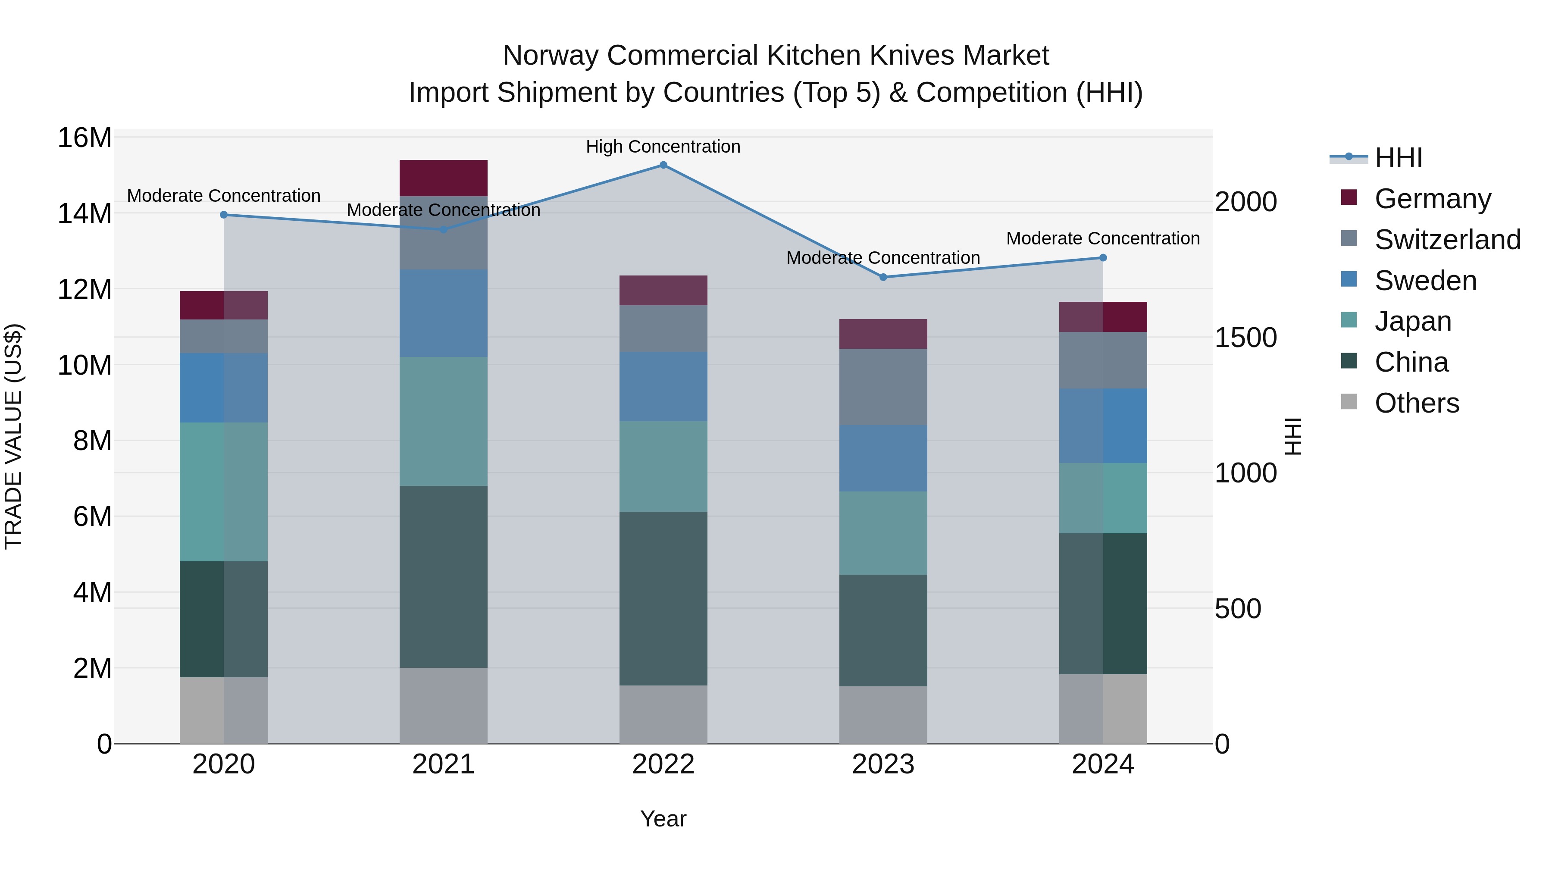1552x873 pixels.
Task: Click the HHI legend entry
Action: [1398, 158]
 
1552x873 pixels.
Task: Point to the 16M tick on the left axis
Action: [84, 138]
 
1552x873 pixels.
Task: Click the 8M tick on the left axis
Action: [92, 441]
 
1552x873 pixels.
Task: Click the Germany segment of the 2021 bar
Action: [444, 178]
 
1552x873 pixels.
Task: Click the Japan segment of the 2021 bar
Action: [444, 421]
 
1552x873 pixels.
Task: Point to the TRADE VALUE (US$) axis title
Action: [13, 436]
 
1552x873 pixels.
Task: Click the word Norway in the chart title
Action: [551, 56]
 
